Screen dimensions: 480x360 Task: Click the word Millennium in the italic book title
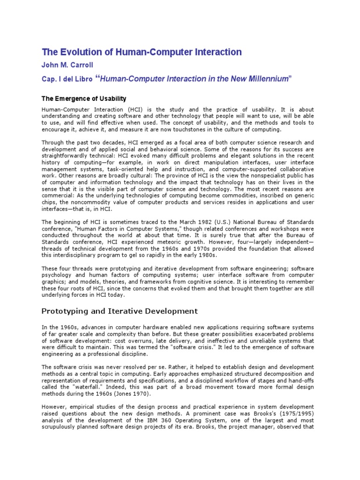(x=269, y=79)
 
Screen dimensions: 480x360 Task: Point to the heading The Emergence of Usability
(x=84, y=98)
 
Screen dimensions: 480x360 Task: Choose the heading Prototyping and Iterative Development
(x=120, y=311)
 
